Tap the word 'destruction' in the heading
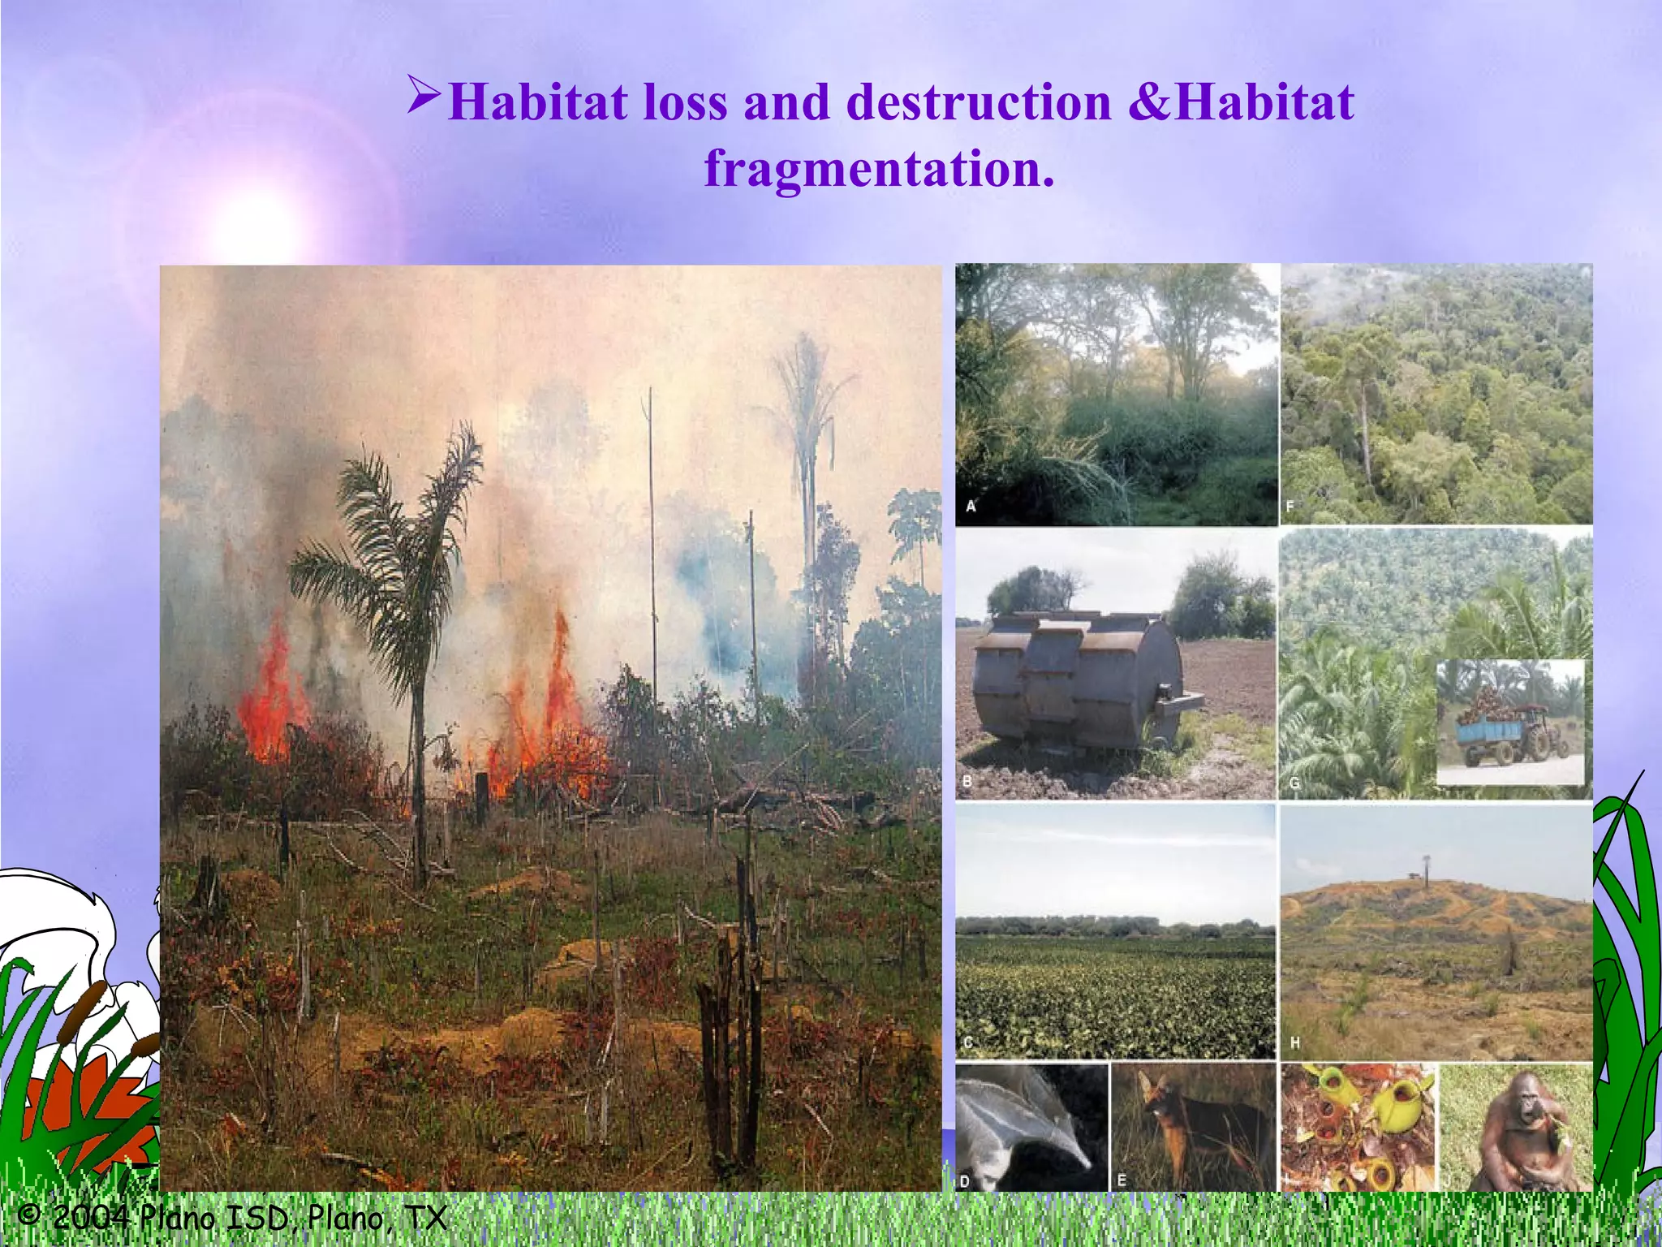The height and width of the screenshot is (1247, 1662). (979, 103)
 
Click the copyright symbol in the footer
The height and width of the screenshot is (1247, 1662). (29, 1215)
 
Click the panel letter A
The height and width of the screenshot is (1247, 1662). (971, 507)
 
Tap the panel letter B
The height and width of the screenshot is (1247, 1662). (967, 782)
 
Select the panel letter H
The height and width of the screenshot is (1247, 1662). (1294, 1043)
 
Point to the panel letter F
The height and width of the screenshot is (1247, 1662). (1290, 507)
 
